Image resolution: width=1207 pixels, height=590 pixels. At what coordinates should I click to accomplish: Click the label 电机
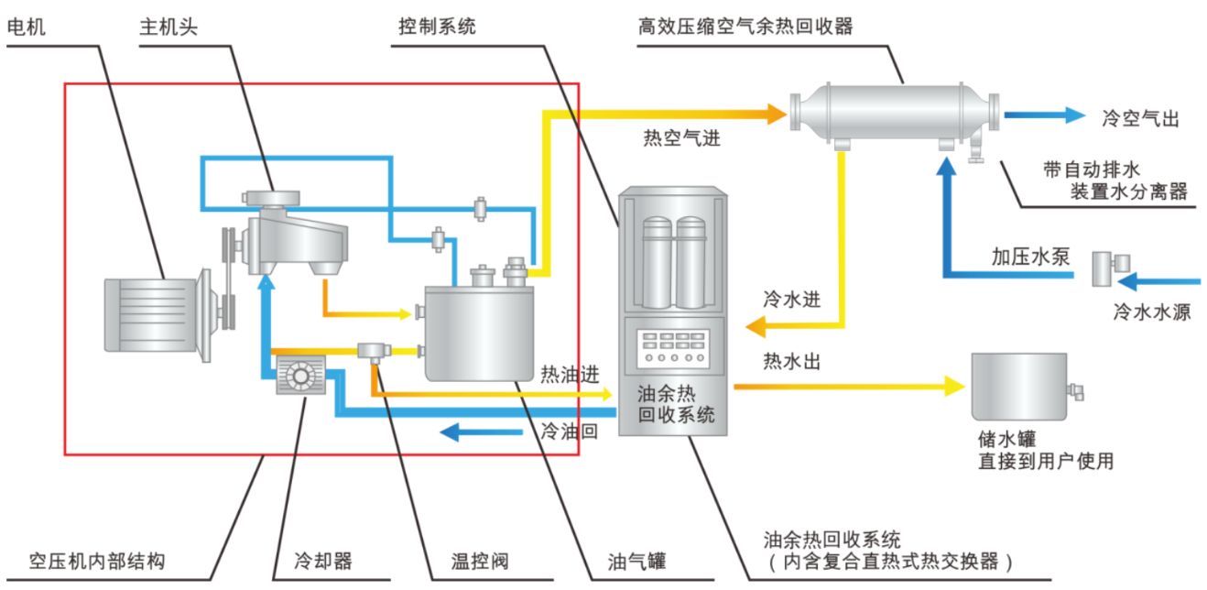(x=26, y=27)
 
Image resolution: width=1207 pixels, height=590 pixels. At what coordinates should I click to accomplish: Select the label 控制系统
(x=437, y=27)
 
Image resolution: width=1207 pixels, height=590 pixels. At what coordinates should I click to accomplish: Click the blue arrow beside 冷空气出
(x=1045, y=115)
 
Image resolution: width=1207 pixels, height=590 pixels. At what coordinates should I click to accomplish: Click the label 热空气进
(x=681, y=139)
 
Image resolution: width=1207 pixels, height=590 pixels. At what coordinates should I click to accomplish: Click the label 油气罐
(x=636, y=561)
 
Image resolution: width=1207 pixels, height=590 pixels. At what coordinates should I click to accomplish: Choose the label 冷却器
(x=323, y=561)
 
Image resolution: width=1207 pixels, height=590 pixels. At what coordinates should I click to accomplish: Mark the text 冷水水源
(x=1151, y=311)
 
